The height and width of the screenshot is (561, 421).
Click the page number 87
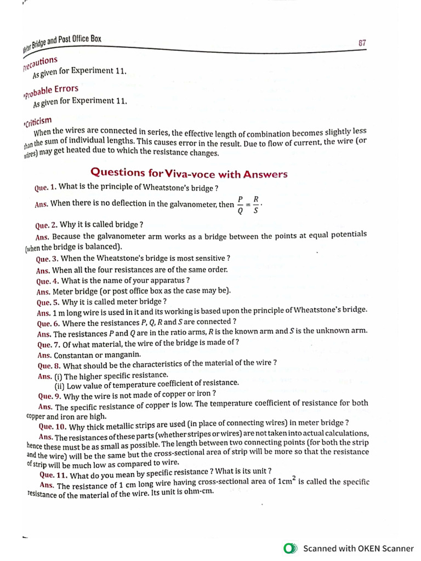362,42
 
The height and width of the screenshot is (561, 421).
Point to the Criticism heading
38,121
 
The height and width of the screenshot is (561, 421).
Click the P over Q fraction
240,204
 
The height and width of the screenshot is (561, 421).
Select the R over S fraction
255,204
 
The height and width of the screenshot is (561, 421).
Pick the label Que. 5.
48,302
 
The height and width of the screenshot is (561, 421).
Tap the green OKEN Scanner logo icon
290,548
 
